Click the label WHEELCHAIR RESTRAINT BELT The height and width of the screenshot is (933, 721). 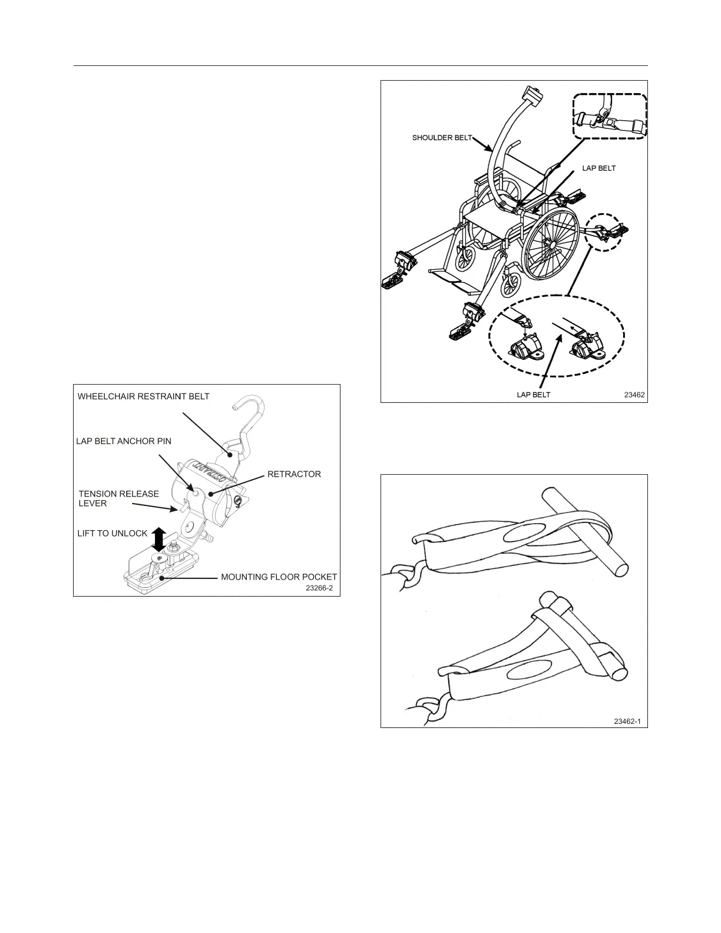(x=143, y=396)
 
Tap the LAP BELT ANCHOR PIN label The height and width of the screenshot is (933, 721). (x=124, y=441)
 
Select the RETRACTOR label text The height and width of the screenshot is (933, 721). (x=294, y=474)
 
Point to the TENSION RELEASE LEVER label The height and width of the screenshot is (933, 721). (x=118, y=498)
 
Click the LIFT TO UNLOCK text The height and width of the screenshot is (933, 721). (x=113, y=534)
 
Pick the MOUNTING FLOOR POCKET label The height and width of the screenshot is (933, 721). (x=279, y=577)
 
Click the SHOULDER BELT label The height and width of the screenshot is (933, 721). (x=442, y=138)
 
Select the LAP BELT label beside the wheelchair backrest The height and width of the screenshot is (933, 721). (x=599, y=168)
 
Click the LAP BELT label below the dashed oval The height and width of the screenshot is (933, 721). (x=533, y=395)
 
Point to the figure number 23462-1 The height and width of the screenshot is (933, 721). (x=627, y=721)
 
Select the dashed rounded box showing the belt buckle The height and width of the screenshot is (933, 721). (x=610, y=118)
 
